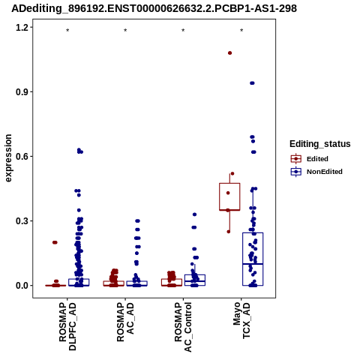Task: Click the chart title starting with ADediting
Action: point(154,8)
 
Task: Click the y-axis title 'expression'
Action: point(8,158)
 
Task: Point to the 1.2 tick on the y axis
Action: point(21,27)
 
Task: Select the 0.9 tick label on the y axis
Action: point(21,91)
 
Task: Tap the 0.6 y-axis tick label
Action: point(21,156)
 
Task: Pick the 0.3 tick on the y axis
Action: point(21,221)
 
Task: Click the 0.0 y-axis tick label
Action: point(21,286)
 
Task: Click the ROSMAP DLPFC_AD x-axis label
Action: point(67,326)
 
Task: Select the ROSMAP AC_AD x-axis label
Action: point(125,322)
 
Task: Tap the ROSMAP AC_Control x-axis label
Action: point(183,327)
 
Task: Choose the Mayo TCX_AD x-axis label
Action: point(241,320)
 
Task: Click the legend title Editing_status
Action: point(320,144)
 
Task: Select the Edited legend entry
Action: point(310,159)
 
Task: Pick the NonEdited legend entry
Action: point(316,172)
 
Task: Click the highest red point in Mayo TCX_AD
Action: point(229,53)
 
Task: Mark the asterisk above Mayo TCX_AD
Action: point(241,31)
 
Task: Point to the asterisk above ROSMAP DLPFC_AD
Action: point(67,31)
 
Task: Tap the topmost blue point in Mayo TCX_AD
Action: point(252,83)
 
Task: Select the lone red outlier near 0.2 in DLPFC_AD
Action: point(55,242)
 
